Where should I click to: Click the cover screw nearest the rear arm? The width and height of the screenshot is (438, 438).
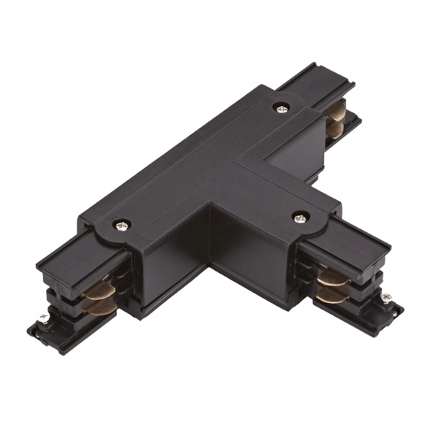point(281,107)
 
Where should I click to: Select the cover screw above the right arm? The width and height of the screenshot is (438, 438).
point(300,217)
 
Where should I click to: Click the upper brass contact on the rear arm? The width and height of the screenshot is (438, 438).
point(337,109)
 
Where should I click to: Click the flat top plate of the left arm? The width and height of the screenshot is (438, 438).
point(69,252)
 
